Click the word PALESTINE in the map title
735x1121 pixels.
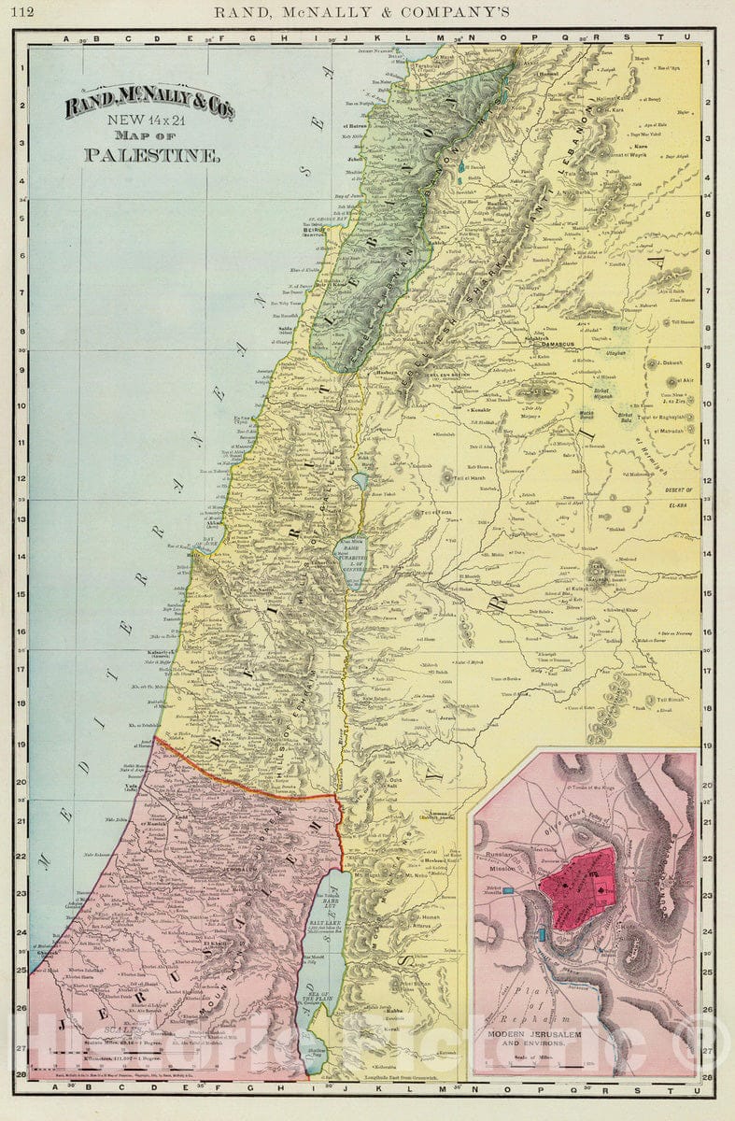point(152,155)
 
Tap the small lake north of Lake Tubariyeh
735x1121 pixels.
point(360,482)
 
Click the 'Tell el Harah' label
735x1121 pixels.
point(468,479)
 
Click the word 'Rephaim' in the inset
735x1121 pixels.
point(537,1016)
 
